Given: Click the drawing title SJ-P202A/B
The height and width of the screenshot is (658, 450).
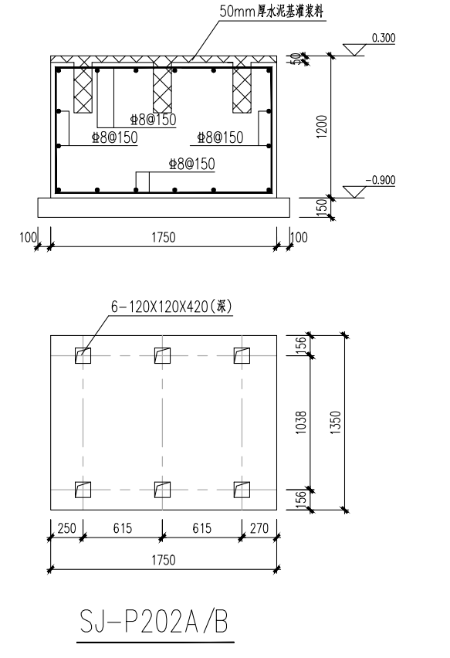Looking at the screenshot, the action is click(x=154, y=622).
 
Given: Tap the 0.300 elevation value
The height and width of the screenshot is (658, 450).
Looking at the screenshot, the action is click(x=384, y=38).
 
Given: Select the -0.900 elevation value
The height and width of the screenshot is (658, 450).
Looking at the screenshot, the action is click(x=381, y=180).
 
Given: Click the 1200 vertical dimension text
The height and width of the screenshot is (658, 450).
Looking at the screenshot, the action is click(x=322, y=127).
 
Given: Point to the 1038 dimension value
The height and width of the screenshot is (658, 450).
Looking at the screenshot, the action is click(x=301, y=422).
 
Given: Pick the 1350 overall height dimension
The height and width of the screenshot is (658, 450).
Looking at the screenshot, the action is click(x=336, y=422).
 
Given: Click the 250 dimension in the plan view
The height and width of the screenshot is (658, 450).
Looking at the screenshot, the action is click(x=66, y=528).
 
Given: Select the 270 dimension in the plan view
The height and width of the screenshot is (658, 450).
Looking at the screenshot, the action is click(x=259, y=528).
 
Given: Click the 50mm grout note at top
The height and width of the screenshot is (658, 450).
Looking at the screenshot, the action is click(x=272, y=12).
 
